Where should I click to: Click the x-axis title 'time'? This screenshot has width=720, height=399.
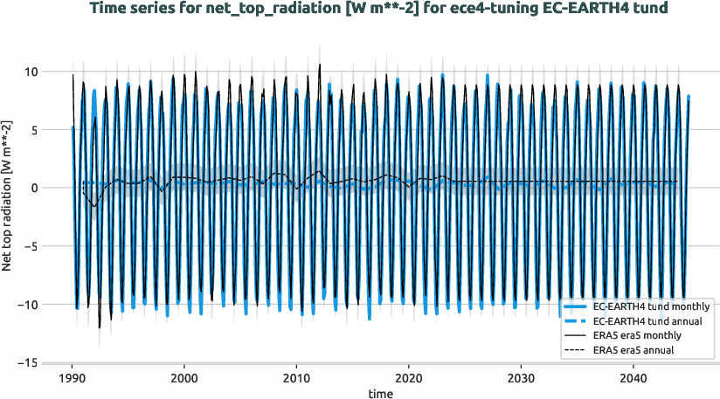click(380, 394)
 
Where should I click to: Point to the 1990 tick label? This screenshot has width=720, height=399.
click(72, 379)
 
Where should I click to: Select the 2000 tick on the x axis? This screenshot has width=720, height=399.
click(183, 379)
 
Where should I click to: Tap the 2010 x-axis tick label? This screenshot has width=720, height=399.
click(296, 379)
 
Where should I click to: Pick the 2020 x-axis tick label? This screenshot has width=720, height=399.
click(408, 379)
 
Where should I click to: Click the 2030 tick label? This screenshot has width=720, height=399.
click(521, 379)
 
